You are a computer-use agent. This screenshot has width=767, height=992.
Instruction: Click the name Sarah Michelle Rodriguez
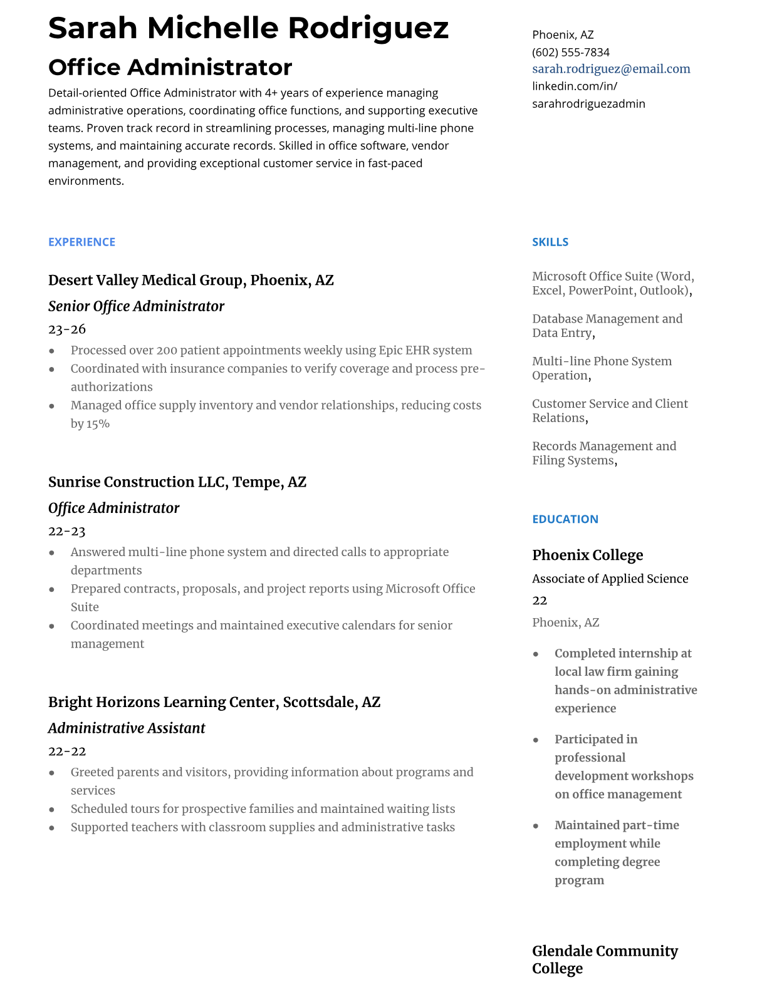(248, 28)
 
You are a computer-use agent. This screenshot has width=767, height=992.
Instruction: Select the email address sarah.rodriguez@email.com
(611, 69)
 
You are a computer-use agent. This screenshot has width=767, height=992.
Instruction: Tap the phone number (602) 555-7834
(570, 52)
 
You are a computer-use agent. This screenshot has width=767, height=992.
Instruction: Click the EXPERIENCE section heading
(81, 242)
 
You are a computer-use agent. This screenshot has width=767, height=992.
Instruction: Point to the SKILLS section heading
(550, 242)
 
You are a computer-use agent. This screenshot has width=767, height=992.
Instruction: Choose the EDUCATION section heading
(565, 519)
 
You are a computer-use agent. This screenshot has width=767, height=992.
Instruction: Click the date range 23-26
(66, 329)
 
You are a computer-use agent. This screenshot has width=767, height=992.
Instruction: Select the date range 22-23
(66, 531)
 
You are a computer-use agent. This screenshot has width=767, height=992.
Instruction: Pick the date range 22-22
(66, 751)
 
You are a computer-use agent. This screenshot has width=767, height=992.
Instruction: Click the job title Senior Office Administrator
(136, 306)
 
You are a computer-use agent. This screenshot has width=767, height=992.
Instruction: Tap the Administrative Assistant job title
(127, 728)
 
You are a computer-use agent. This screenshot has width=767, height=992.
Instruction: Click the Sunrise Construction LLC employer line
(177, 482)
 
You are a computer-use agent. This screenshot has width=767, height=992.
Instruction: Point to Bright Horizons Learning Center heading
(214, 702)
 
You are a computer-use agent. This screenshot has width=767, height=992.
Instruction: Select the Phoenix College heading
(587, 555)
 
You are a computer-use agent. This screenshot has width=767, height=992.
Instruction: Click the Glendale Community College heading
(605, 959)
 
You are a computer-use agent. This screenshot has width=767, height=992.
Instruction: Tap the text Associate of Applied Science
(610, 579)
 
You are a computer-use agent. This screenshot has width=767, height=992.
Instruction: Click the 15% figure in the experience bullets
(98, 424)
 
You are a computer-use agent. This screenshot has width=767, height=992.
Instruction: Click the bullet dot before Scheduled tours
(51, 810)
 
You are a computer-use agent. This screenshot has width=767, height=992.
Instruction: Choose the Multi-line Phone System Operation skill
(602, 368)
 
